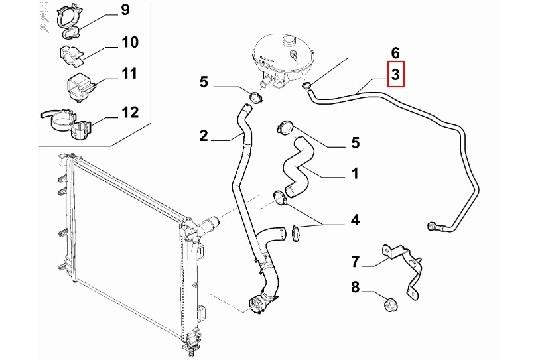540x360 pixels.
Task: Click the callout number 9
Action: (124, 10)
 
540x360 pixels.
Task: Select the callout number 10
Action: (129, 42)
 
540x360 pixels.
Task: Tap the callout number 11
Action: (129, 73)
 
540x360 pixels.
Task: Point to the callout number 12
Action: (130, 112)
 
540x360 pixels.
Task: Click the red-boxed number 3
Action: (395, 74)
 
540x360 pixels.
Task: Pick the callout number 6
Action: (395, 53)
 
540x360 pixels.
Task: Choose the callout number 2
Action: (204, 136)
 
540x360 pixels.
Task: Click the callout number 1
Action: (355, 173)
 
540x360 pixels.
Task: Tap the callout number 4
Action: (355, 220)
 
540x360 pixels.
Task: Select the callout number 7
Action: (355, 262)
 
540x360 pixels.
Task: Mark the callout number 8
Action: (355, 287)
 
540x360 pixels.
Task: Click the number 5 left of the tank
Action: (204, 82)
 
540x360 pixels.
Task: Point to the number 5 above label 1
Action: (355, 143)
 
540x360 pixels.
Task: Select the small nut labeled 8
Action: (390, 305)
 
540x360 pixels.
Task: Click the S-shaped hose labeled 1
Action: (297, 169)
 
